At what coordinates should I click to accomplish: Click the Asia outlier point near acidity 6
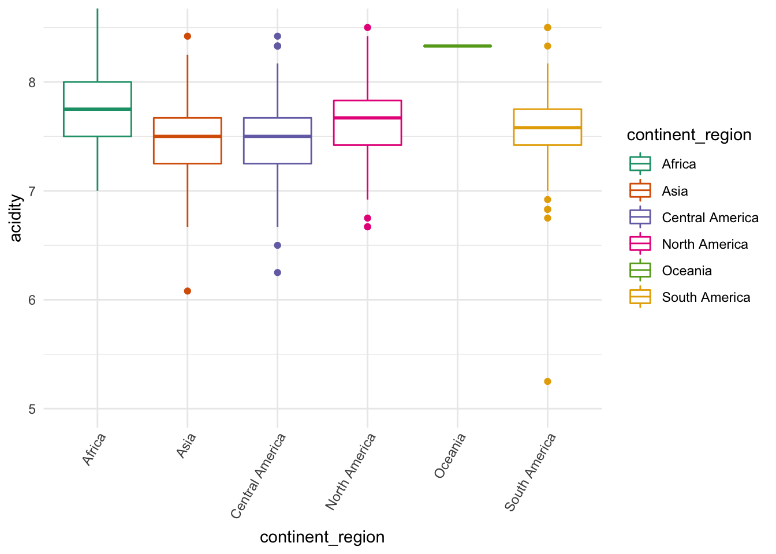coord(187,291)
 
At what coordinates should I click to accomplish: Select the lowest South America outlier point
coord(547,381)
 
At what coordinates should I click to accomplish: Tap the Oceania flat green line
coord(457,46)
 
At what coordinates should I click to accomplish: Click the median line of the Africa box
coord(98,109)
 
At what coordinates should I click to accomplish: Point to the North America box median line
coord(367,118)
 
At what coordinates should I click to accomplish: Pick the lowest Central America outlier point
coord(277,272)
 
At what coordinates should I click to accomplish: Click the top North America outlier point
coord(367,28)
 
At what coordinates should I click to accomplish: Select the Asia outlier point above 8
coord(187,36)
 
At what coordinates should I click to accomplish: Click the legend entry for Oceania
coord(687,271)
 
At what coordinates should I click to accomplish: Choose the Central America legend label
coord(710,218)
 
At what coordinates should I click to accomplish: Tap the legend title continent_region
coord(689,135)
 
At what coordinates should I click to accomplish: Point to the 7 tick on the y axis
coord(32,191)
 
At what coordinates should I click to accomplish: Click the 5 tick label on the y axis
coord(32,409)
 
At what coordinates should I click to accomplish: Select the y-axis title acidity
coord(16,218)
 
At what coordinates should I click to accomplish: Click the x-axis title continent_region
coord(322,537)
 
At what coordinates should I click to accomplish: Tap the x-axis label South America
coord(531,471)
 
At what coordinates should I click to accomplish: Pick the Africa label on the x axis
coord(94,450)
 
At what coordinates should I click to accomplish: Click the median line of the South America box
coord(547,128)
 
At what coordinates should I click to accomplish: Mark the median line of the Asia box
coord(187,136)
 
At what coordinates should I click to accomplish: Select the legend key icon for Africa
coord(640,164)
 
